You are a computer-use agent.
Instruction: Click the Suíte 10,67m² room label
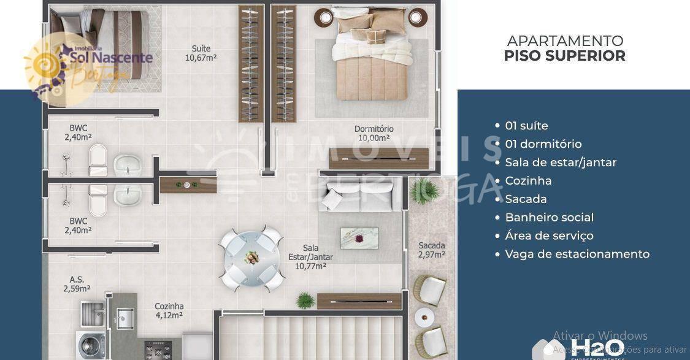pos(201,53)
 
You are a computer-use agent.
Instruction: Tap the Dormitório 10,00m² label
pos(374,133)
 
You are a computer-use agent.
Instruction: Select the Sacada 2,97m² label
pos(431,250)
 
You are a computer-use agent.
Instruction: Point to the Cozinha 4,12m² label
pos(169,311)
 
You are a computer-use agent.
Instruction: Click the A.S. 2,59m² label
pos(77,284)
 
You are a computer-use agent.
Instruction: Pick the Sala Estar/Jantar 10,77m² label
pos(310,257)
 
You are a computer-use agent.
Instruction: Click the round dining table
pos(251,258)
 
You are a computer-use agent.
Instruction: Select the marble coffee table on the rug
pos(359,238)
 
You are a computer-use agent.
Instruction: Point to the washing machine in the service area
pos(90,345)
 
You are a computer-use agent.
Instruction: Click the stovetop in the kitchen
pos(158,350)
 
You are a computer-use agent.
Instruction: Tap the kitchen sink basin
pos(125,318)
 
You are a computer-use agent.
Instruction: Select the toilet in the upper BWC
pos(98,161)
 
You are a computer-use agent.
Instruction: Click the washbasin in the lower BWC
pos(128,195)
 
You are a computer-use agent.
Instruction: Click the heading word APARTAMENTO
pos(565,41)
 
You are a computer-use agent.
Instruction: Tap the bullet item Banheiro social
pos(549,217)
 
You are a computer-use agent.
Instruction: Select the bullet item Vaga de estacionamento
pos(577,254)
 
